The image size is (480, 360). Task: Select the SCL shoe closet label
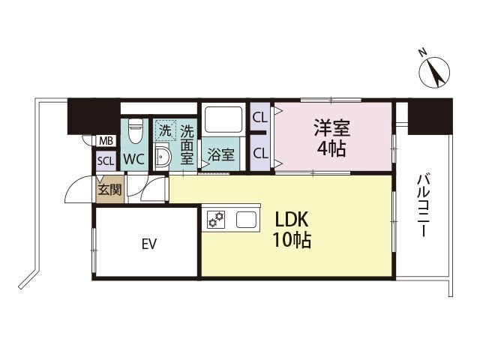(104, 160)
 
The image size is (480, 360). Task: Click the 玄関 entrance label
(109, 189)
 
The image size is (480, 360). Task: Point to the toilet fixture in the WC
(135, 131)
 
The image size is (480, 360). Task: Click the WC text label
(134, 159)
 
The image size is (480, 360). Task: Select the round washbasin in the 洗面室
(163, 157)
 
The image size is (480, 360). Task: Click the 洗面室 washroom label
(187, 142)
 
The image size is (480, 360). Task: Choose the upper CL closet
(259, 117)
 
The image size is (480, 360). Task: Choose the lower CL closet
(260, 153)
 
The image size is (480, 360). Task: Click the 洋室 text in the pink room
(331, 127)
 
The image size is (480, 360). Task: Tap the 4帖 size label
(331, 148)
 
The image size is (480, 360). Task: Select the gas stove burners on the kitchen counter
(217, 219)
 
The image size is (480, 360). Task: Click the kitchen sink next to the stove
(247, 220)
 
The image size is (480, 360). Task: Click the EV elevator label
(147, 243)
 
